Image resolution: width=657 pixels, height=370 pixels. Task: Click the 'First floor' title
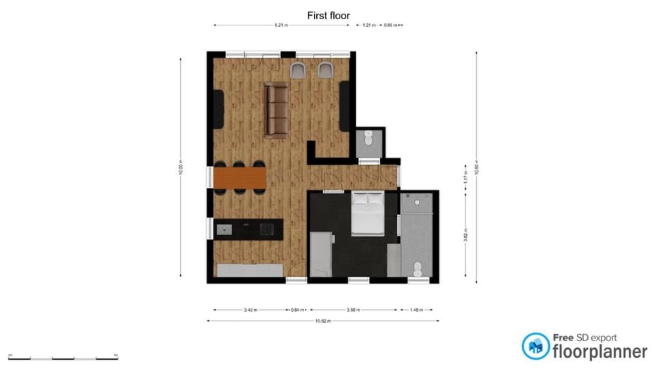(x=328, y=14)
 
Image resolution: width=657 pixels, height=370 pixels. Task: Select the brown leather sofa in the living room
(x=276, y=110)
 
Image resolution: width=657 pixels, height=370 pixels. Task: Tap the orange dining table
(x=240, y=178)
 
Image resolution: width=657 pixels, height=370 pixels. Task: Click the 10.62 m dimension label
(x=323, y=321)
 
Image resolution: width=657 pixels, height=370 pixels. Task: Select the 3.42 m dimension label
(x=250, y=310)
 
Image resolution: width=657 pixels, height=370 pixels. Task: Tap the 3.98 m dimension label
(x=352, y=310)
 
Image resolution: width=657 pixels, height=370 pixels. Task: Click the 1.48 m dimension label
(x=416, y=310)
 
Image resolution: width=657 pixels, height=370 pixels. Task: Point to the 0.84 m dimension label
(x=298, y=310)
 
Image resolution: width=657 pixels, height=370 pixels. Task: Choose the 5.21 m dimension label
(x=281, y=25)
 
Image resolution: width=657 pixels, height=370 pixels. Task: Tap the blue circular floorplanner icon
(x=536, y=346)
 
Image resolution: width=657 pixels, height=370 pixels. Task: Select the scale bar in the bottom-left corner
(x=63, y=358)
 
